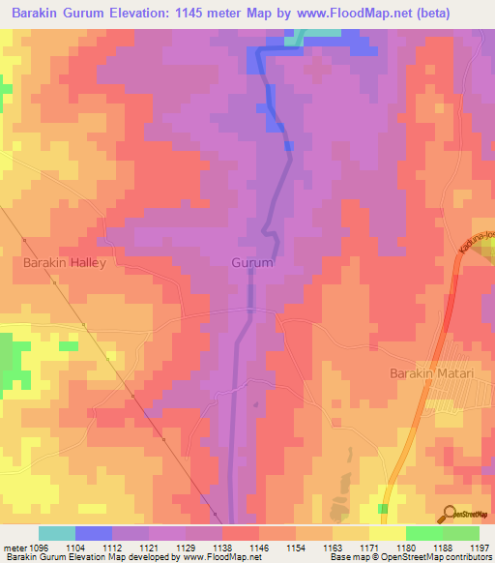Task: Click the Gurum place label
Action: point(253,262)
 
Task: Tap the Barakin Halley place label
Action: point(57,262)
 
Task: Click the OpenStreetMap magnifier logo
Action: point(448,514)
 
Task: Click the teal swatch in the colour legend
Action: point(57,533)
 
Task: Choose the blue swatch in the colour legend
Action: point(94,533)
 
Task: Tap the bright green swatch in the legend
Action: point(423,533)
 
